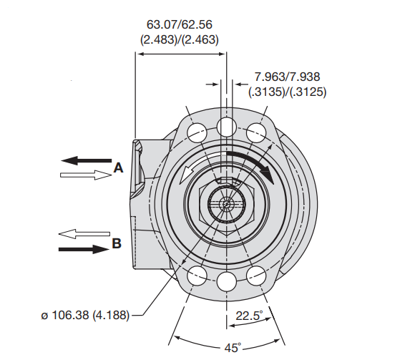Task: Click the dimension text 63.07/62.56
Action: coord(179,24)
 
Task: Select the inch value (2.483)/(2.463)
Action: coord(179,39)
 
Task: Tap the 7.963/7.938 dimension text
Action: coord(287,77)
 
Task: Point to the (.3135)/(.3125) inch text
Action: coord(288,92)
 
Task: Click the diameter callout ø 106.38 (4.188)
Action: coord(85,315)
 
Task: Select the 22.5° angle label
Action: coord(249,316)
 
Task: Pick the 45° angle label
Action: coord(233,348)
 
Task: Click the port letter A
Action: coord(118,168)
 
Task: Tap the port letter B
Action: coord(117,243)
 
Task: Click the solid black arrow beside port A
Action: coord(87,160)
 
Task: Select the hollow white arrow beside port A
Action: coord(86,175)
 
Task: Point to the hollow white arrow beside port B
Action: coord(84,234)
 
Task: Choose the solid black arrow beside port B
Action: coord(84,249)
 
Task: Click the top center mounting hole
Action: coord(227,127)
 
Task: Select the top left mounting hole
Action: coord(197,133)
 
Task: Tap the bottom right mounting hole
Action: coord(256,276)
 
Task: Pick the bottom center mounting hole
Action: coord(227,282)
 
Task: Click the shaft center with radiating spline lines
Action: coord(227,204)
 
